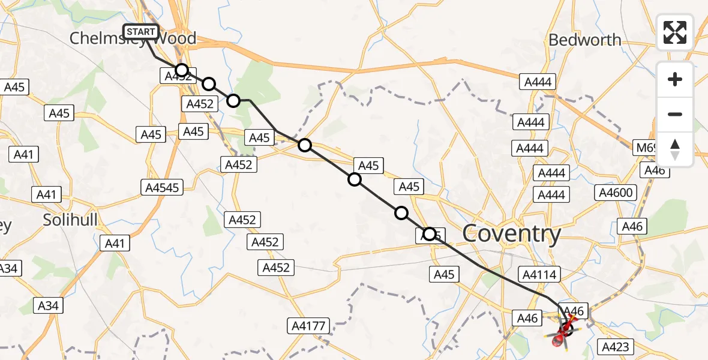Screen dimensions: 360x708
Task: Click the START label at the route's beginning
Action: point(141,32)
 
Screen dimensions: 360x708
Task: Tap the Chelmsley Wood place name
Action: point(133,39)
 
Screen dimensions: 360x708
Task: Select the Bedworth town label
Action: point(584,40)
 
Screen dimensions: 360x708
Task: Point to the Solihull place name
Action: point(70,220)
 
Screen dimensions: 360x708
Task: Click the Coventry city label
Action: point(512,233)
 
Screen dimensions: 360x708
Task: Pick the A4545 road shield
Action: point(162,188)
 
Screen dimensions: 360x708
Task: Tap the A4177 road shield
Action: point(309,326)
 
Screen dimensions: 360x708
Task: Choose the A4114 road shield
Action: point(541,275)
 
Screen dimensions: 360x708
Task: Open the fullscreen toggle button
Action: point(675,32)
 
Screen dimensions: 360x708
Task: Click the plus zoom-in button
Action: point(675,79)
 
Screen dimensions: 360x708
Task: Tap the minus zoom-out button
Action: point(675,114)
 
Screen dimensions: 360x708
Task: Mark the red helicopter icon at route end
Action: point(563,334)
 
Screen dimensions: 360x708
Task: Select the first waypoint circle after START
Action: point(182,70)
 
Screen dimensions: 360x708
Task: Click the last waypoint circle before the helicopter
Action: point(430,234)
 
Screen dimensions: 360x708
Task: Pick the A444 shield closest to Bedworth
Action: point(538,82)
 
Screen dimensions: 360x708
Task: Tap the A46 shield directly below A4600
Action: point(632,226)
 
